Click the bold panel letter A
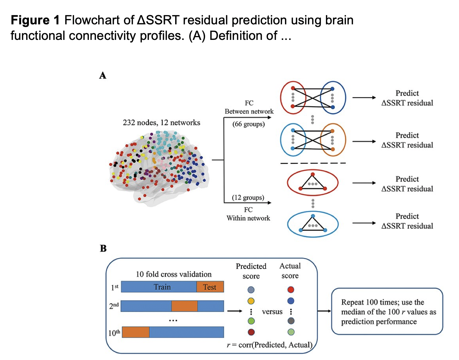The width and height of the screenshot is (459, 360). coord(103,76)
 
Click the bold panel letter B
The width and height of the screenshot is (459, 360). coord(103,248)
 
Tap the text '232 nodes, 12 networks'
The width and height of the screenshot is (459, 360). coord(161,122)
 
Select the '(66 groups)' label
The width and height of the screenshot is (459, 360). coord(249,124)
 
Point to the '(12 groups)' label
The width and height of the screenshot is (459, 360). coord(248,198)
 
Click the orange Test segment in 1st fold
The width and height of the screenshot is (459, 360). coord(210,287)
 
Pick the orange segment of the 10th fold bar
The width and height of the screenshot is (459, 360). coord(136,332)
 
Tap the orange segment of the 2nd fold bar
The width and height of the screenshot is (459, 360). coord(184,306)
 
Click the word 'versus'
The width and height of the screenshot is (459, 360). coord(272,312)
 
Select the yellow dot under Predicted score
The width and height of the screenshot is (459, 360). coord(251,301)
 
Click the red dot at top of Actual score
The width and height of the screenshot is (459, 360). coord(291,290)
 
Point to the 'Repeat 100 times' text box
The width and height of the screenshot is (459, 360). coord(387,311)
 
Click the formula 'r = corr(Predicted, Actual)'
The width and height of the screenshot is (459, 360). coord(269,345)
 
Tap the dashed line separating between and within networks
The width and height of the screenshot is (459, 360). coord(313,163)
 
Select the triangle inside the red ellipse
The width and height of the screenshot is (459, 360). coord(313,182)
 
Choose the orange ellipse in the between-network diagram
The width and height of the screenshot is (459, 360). coord(333,140)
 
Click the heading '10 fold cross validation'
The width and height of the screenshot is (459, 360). coord(174,274)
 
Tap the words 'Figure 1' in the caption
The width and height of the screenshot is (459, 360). coord(35,20)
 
